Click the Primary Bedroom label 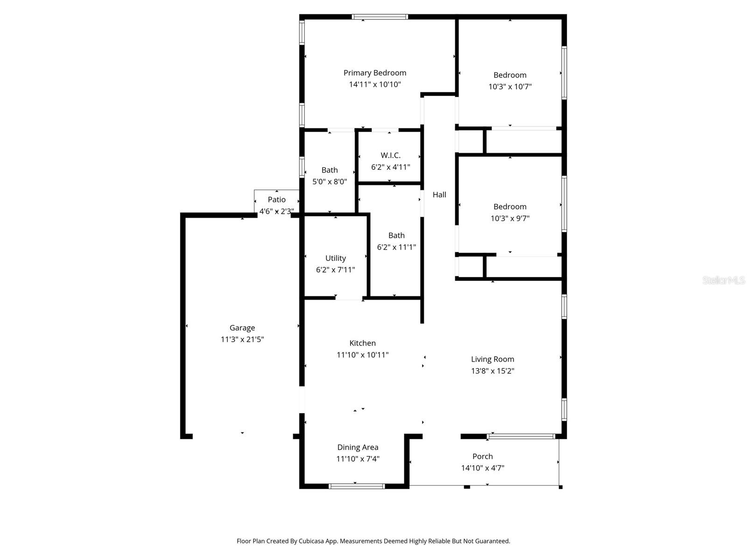(x=374, y=73)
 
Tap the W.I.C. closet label (x=390, y=155)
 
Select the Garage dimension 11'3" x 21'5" (x=242, y=340)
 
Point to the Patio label (x=276, y=200)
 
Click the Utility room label (x=335, y=258)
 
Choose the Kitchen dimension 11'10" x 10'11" (x=362, y=355)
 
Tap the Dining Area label (x=358, y=448)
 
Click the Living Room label (x=492, y=359)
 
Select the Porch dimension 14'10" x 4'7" (x=482, y=468)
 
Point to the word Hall (x=439, y=195)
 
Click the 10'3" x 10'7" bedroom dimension (x=510, y=87)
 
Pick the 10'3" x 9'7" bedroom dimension (x=510, y=218)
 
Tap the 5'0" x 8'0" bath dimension (x=329, y=182)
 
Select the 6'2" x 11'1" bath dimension (x=396, y=247)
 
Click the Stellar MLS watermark (x=723, y=280)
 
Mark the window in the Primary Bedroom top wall (x=380, y=17)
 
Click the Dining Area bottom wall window (x=357, y=486)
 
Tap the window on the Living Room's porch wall (x=521, y=437)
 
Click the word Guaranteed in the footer (x=493, y=541)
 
